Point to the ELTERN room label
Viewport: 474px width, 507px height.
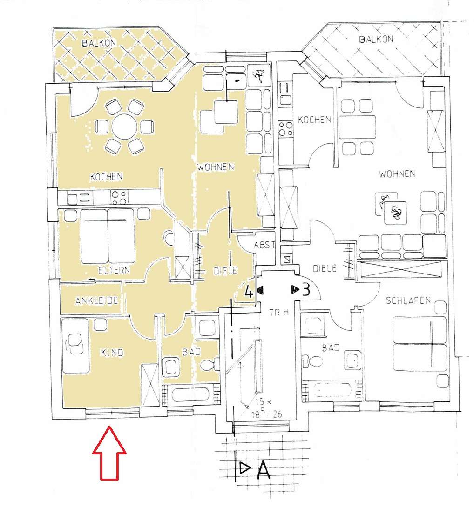coord(114,270)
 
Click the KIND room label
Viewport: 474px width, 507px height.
coord(112,353)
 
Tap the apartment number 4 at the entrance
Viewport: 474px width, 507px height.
coord(249,292)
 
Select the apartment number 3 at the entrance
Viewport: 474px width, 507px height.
coord(305,290)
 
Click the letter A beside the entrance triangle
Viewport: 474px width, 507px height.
coord(263,470)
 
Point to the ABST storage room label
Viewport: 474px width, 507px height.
coord(265,246)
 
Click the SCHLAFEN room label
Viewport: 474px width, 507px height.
coord(408,300)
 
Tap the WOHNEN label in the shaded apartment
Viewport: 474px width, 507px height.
coord(215,167)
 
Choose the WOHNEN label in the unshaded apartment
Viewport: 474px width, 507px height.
coord(397,174)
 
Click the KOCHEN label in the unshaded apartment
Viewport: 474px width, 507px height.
coord(314,120)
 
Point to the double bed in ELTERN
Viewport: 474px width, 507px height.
coord(108,236)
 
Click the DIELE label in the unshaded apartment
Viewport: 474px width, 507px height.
coord(325,268)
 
